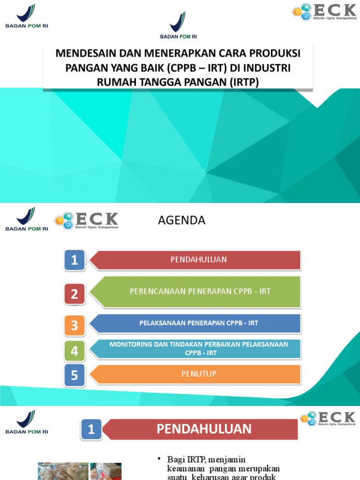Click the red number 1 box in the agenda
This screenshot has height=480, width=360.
[x=75, y=260]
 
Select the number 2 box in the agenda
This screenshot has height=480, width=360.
[x=75, y=294]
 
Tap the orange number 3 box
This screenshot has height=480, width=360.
[x=75, y=324]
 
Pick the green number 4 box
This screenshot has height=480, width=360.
[x=75, y=351]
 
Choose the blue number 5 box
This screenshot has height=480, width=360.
[x=75, y=375]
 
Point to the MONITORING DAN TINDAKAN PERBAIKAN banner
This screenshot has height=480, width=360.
[x=199, y=348]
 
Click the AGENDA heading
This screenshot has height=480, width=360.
[x=181, y=220]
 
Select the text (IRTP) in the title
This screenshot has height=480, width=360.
[x=244, y=82]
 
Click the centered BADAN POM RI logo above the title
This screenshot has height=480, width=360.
[x=178, y=26]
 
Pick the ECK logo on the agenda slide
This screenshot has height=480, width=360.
[x=87, y=220]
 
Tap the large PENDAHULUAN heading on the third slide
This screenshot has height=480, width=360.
[x=204, y=429]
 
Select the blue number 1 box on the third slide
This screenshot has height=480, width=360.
[x=91, y=429]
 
